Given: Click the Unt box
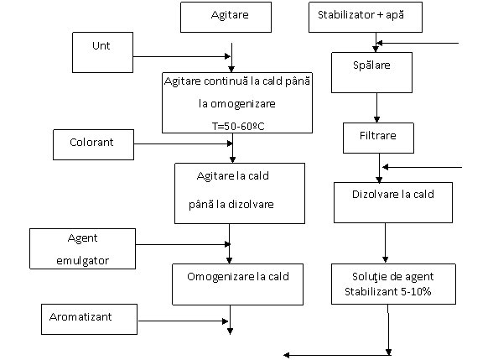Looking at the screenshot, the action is tap(103, 53).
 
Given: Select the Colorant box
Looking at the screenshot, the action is tap(93, 144).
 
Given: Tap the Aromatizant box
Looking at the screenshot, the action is tap(89, 319).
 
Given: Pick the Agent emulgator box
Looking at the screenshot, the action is tap(83, 249).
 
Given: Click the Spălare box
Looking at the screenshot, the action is tap(371, 73).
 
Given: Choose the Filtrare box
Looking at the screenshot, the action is tap(378, 138).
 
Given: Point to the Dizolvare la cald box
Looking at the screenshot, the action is tap(393, 203).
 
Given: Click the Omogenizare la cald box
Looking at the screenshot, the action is tap(238, 284).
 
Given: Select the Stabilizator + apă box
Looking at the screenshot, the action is tap(366, 18).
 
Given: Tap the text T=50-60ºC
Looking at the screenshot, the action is tap(238, 127).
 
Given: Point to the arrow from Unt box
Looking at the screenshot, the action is tap(182, 57).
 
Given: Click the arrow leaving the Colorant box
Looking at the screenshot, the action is tap(184, 143).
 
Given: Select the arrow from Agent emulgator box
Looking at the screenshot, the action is tap(183, 244).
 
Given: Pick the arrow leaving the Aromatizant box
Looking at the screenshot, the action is tap(183, 321).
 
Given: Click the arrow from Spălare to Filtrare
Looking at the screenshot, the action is tap(376, 107).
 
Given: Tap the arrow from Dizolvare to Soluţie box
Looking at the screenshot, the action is tap(385, 243).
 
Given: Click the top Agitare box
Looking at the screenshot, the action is tap(226, 18).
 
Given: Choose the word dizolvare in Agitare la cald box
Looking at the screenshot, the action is tap(251, 205).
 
